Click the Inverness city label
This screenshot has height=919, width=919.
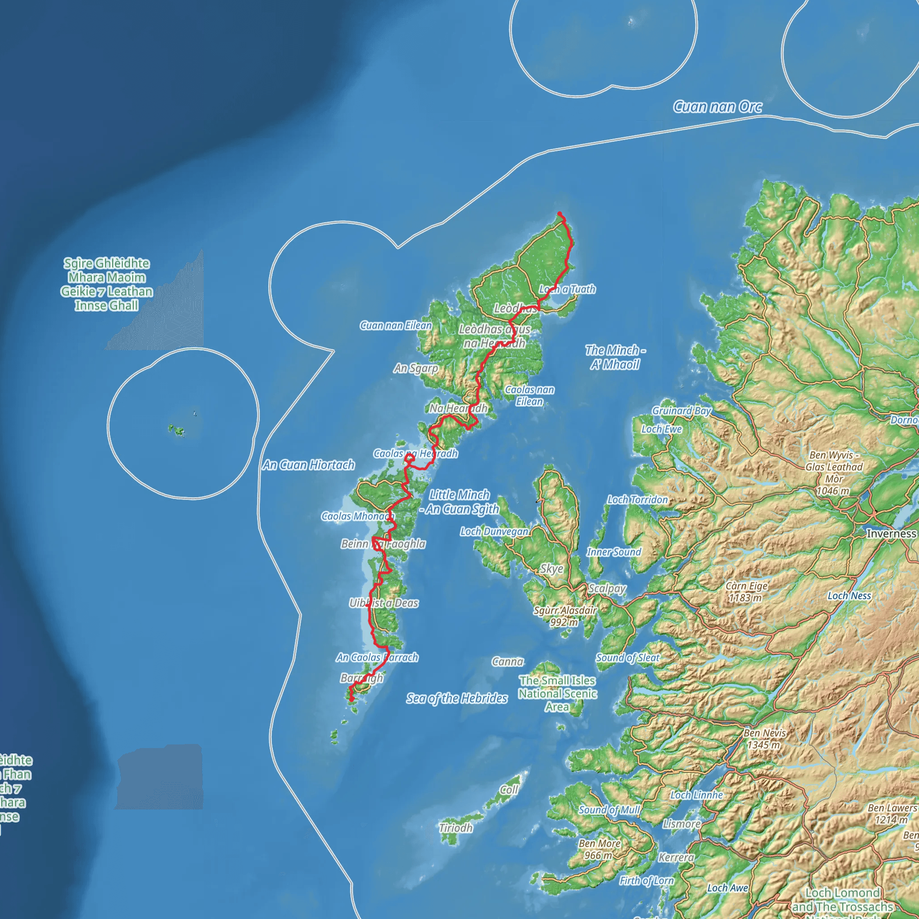pos(890,533)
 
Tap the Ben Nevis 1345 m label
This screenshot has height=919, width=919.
pos(764,739)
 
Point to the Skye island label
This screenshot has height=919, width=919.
pos(551,569)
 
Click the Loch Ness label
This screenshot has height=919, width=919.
pos(849,595)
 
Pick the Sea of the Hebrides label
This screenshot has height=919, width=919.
pos(457,698)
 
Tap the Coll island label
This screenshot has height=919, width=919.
pos(508,790)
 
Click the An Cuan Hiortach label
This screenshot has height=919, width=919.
pos(309,465)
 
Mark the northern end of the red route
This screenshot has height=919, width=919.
pos(560,214)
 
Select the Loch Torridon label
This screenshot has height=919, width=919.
pos(637,499)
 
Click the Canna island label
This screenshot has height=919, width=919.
pos(508,662)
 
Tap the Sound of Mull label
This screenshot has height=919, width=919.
pos(609,810)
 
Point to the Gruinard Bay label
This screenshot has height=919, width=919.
pos(681,411)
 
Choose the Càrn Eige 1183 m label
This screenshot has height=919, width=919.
pos(746,591)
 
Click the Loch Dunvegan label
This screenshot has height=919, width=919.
pos(494,531)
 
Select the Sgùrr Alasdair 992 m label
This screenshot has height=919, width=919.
pos(565,616)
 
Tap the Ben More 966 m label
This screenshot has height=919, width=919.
pos(600,849)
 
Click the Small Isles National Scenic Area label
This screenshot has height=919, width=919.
pos(557,694)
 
